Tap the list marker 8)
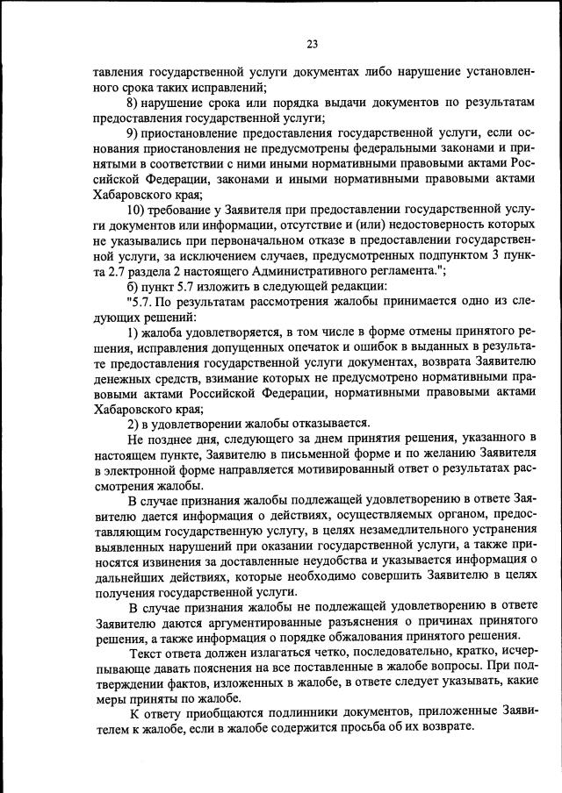134,104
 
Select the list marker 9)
134,132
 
